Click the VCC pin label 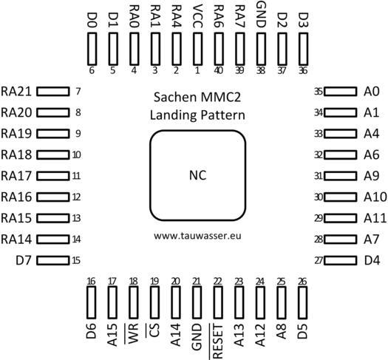click(x=197, y=16)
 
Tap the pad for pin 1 click(x=197, y=49)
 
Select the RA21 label click(x=16, y=92)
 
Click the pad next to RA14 click(x=53, y=240)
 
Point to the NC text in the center click(x=197, y=175)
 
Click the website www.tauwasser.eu click(x=197, y=236)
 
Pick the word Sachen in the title click(x=175, y=97)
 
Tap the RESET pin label click(x=218, y=342)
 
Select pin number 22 click(x=218, y=282)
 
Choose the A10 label click(x=375, y=197)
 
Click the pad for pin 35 click(x=340, y=92)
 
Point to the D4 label click(x=372, y=260)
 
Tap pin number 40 click(x=218, y=70)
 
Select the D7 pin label click(x=24, y=260)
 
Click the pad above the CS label click(x=154, y=302)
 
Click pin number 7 click(x=78, y=92)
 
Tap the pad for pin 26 click(x=302, y=302)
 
